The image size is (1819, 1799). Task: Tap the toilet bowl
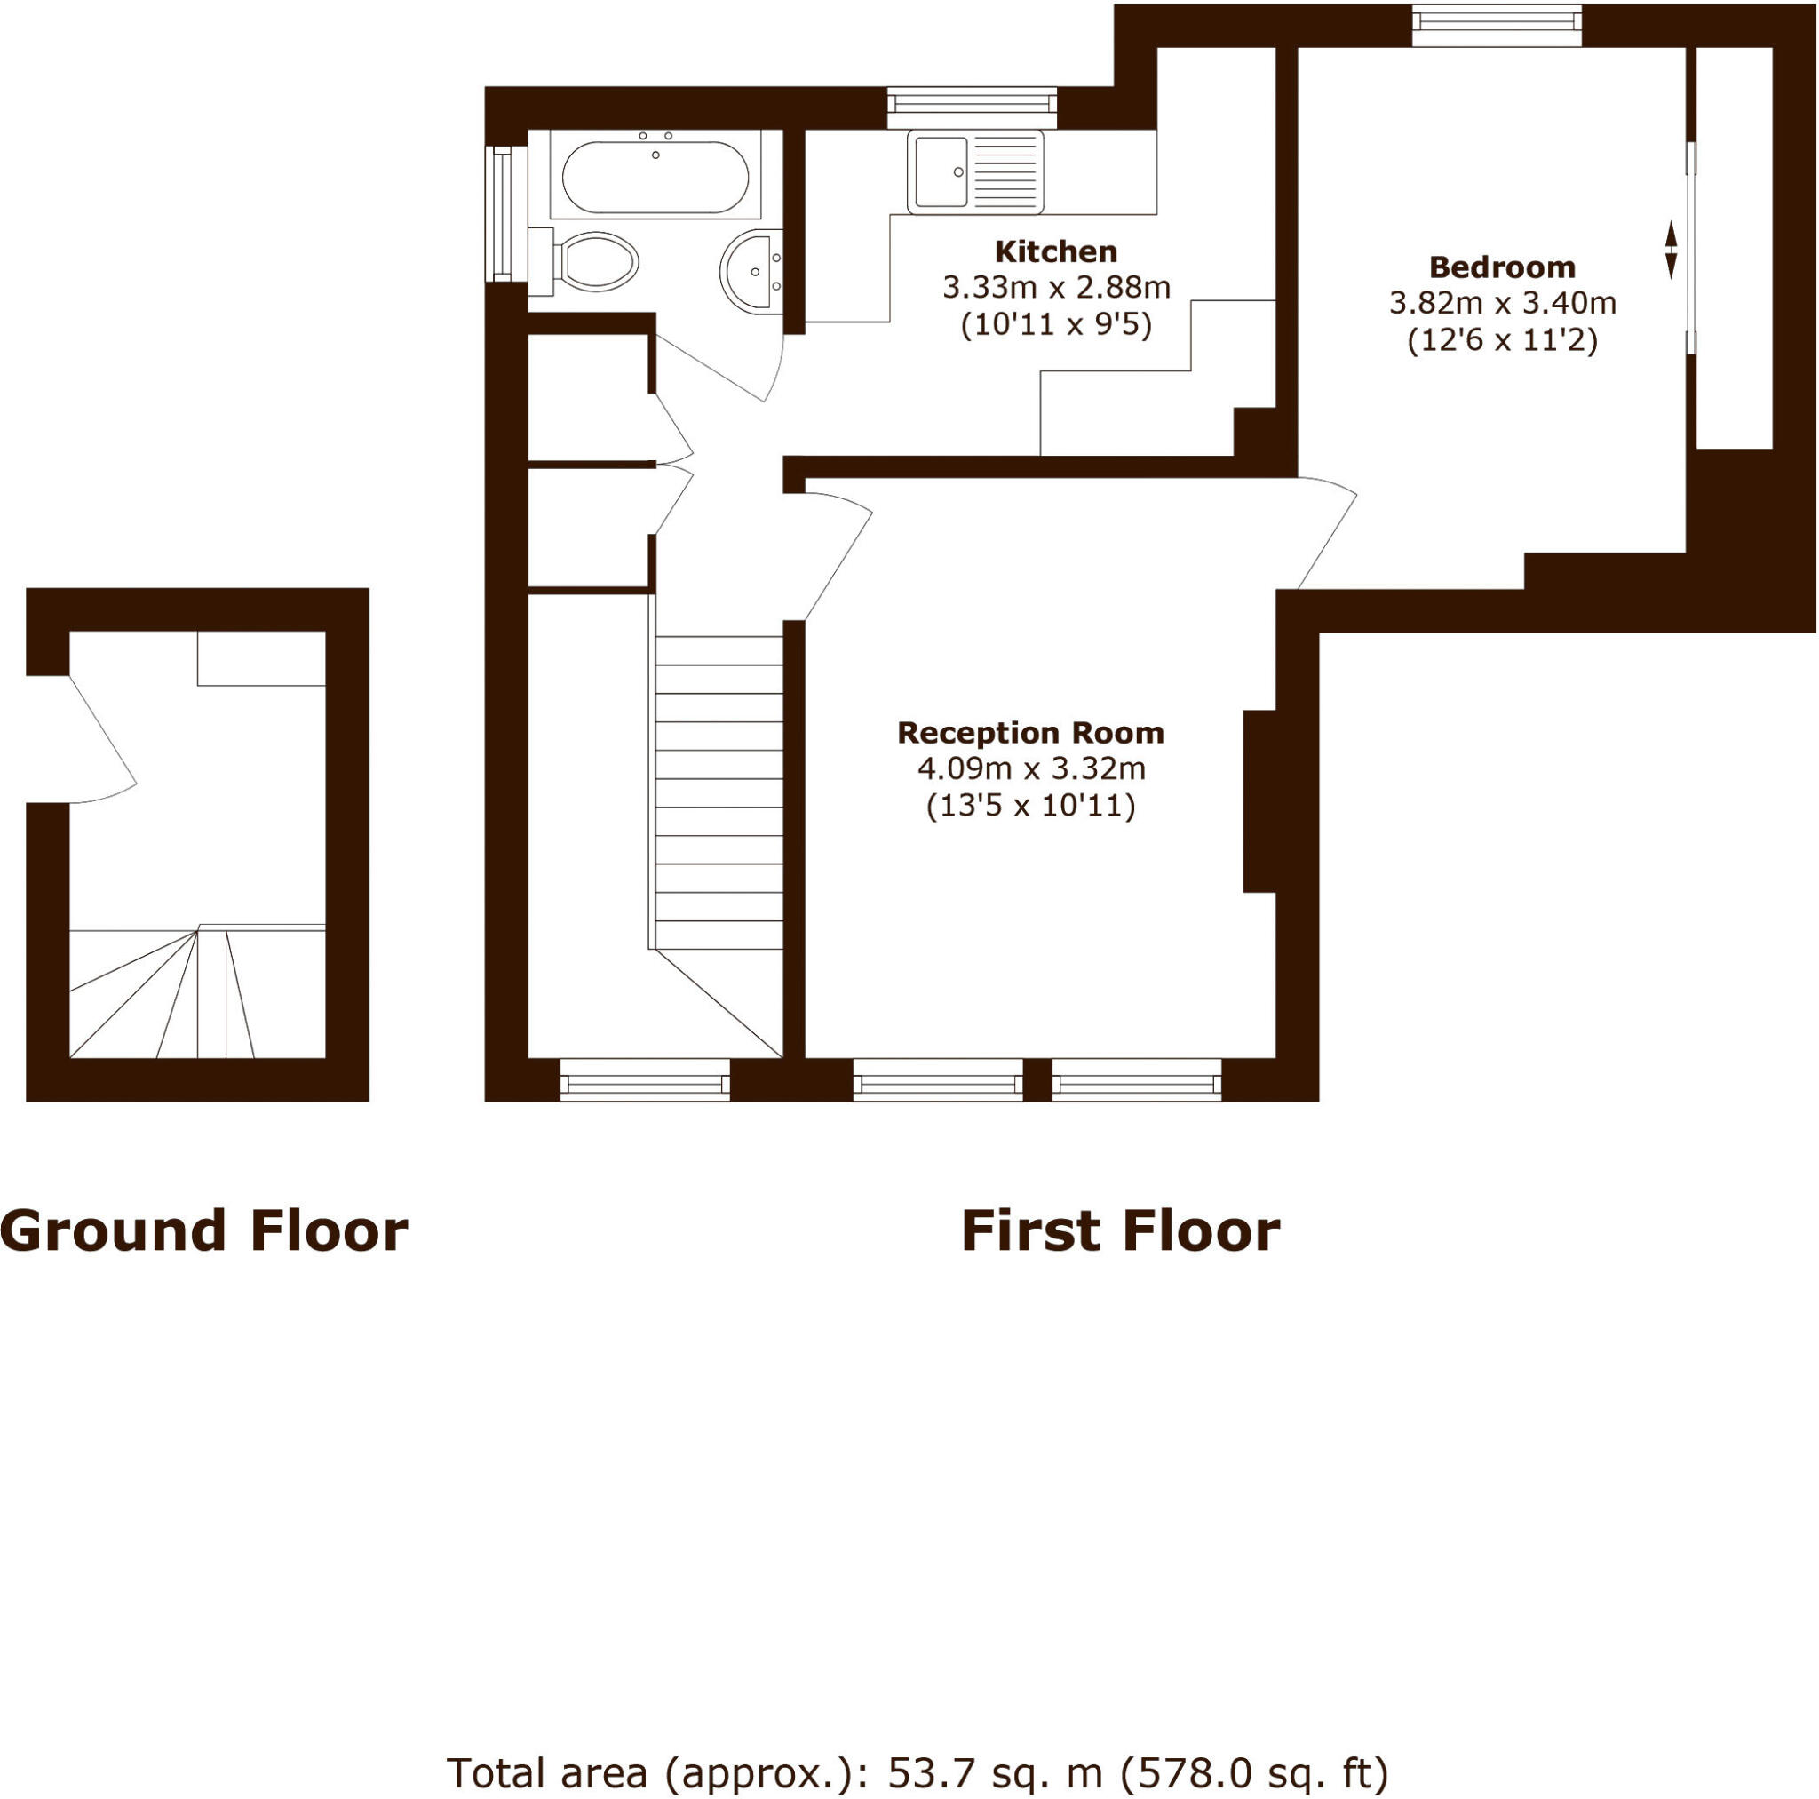click(x=597, y=259)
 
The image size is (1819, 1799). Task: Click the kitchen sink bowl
click(x=939, y=171)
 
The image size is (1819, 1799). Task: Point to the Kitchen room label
click(x=1056, y=251)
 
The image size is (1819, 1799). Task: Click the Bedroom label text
click(x=1502, y=267)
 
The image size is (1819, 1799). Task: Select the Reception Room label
click(x=1030, y=733)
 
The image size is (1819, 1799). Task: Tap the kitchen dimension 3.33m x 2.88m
click(x=1056, y=287)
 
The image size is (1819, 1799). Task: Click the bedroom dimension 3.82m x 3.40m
click(x=1503, y=303)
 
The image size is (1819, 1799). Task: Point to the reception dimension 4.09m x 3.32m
click(x=1031, y=769)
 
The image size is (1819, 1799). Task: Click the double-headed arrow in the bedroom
click(x=1671, y=250)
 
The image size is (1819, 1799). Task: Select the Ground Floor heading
click(x=203, y=1231)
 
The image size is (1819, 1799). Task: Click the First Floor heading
click(x=1119, y=1231)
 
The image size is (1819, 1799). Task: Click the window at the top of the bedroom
click(x=1496, y=26)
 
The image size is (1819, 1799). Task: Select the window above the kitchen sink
click(x=973, y=107)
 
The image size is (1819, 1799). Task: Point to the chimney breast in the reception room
click(x=1259, y=800)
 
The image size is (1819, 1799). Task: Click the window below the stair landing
click(x=645, y=1079)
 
